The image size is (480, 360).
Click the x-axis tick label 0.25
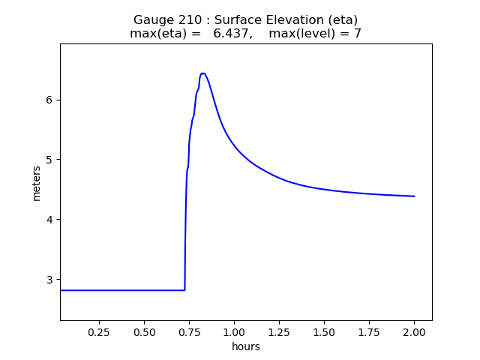click(99, 331)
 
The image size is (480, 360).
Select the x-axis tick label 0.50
click(144, 331)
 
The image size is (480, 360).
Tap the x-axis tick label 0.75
click(189, 331)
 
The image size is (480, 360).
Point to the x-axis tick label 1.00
click(234, 331)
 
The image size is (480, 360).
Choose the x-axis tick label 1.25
click(279, 331)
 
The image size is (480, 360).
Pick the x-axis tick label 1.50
click(324, 331)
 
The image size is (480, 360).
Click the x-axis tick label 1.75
click(369, 331)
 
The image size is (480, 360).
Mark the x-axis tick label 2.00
click(414, 331)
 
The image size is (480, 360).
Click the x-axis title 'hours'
click(246, 346)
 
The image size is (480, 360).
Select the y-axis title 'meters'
click(37, 182)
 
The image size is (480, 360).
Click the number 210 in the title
click(189, 19)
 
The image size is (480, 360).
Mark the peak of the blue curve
click(202, 73)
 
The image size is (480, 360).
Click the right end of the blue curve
click(414, 196)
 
